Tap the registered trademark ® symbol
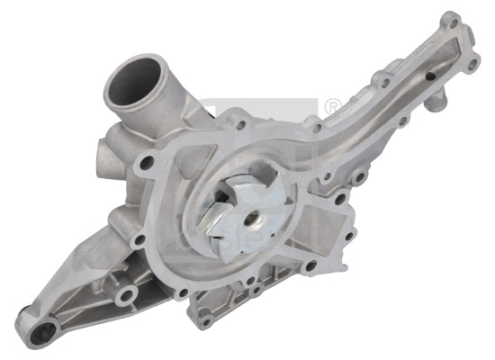coord(330,107)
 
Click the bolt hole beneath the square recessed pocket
coord(310,266)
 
